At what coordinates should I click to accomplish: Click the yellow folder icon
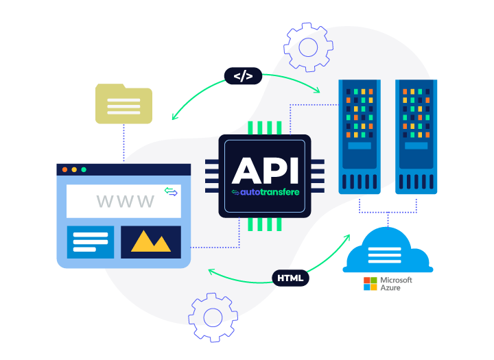pos(123,104)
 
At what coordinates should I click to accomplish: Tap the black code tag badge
pos(243,76)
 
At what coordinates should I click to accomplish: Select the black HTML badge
pos(290,278)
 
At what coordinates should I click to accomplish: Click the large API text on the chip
pos(264,171)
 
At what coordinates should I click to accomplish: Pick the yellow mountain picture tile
pos(151,241)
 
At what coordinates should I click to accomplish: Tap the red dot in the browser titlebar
pos(65,169)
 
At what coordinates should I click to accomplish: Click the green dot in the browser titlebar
pos(84,169)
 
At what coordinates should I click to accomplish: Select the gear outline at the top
pos(309,47)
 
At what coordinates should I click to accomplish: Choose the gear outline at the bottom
pos(213,317)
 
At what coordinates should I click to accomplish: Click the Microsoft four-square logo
pos(370,283)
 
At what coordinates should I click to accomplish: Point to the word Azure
pos(390,288)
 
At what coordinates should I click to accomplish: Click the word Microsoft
pos(397,280)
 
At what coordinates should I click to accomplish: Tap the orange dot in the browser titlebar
pos(74,169)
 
